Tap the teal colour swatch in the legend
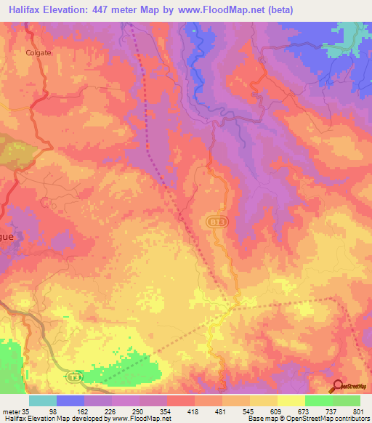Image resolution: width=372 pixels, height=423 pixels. (x=43, y=400)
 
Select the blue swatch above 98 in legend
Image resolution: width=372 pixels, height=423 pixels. (x=70, y=400)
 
